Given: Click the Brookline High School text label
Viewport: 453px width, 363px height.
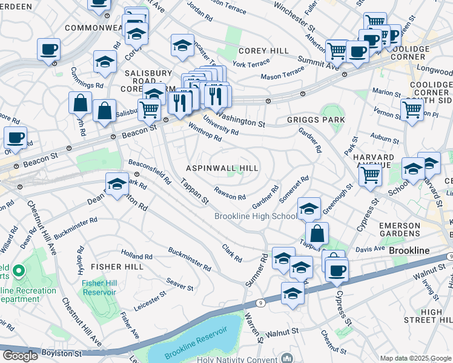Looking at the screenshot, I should click(x=254, y=217).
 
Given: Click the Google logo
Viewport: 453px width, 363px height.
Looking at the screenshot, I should click(x=20, y=356).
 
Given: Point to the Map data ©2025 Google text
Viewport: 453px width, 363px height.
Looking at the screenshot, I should click(x=415, y=358).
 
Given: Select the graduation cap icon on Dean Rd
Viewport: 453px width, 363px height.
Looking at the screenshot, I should click(x=117, y=185).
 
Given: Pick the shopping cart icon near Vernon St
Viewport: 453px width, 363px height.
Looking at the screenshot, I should click(x=412, y=110).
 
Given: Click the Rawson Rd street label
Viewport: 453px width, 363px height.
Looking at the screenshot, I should click(x=229, y=196).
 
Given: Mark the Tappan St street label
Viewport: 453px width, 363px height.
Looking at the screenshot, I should click(x=195, y=191).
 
